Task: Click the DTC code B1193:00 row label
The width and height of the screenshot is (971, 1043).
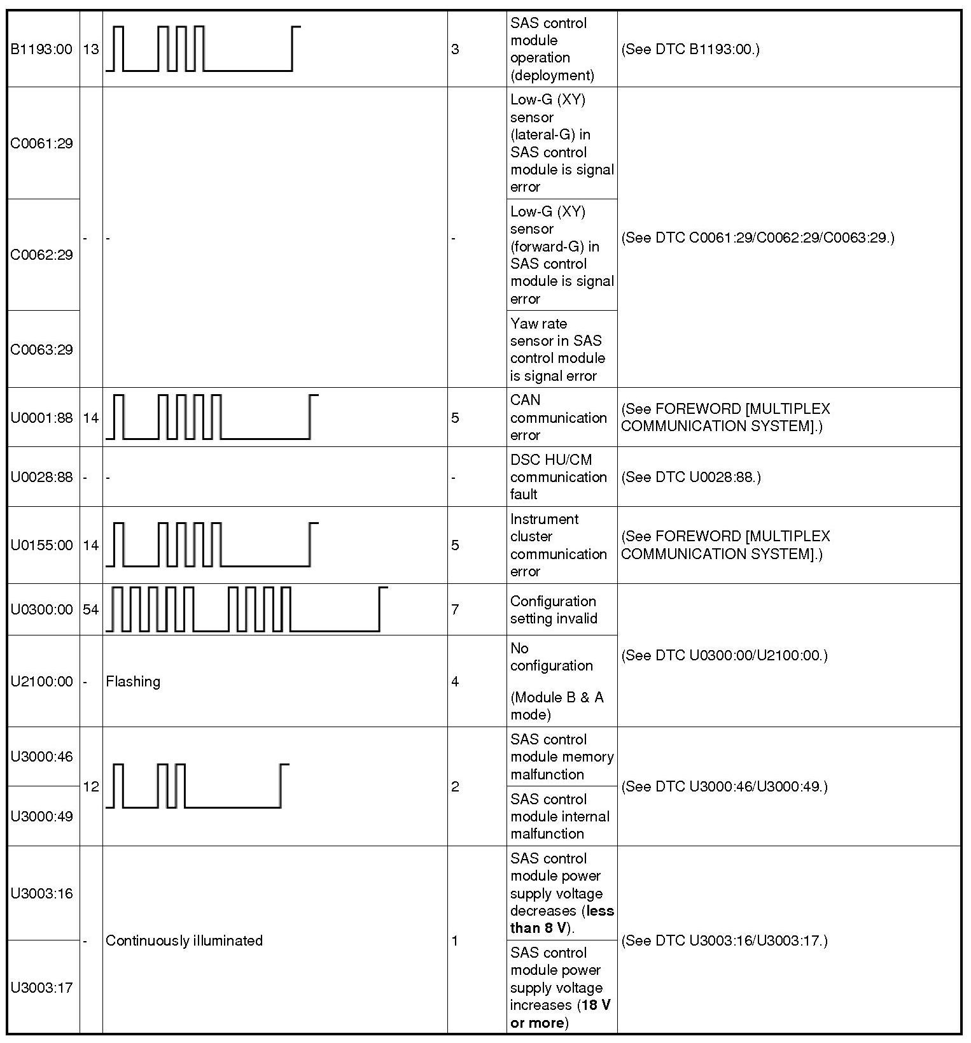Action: (x=42, y=49)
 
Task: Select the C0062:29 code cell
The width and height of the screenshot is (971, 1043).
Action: (x=42, y=255)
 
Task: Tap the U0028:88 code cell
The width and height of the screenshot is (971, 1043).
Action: (x=42, y=477)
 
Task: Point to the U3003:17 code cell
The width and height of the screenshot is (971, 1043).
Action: (x=42, y=988)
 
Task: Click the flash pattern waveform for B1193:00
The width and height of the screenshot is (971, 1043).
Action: (x=203, y=48)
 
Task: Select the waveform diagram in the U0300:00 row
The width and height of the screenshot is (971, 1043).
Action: (x=246, y=609)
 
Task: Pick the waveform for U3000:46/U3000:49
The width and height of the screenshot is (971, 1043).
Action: (x=197, y=786)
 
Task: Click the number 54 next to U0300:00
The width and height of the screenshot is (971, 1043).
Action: (x=91, y=609)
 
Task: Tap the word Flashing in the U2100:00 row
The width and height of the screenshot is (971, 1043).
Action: (x=133, y=681)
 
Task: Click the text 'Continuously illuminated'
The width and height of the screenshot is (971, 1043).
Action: (x=184, y=940)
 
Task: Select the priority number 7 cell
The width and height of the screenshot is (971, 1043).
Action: (x=455, y=609)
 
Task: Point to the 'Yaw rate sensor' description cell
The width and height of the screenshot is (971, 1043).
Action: (x=557, y=350)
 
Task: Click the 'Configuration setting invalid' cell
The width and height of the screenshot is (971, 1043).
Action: (x=554, y=609)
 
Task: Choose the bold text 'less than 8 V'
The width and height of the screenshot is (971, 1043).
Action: (x=562, y=919)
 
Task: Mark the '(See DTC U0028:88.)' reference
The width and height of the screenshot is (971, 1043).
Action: (x=690, y=477)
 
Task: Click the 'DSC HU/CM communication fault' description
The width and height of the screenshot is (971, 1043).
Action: (x=558, y=477)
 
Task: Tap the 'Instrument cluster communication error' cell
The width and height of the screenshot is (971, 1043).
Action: (x=558, y=545)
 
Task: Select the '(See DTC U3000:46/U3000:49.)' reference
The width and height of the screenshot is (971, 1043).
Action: (x=724, y=786)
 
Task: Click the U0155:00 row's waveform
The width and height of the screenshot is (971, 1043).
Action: (x=212, y=544)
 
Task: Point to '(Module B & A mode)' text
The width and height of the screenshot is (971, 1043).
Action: (x=557, y=706)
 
